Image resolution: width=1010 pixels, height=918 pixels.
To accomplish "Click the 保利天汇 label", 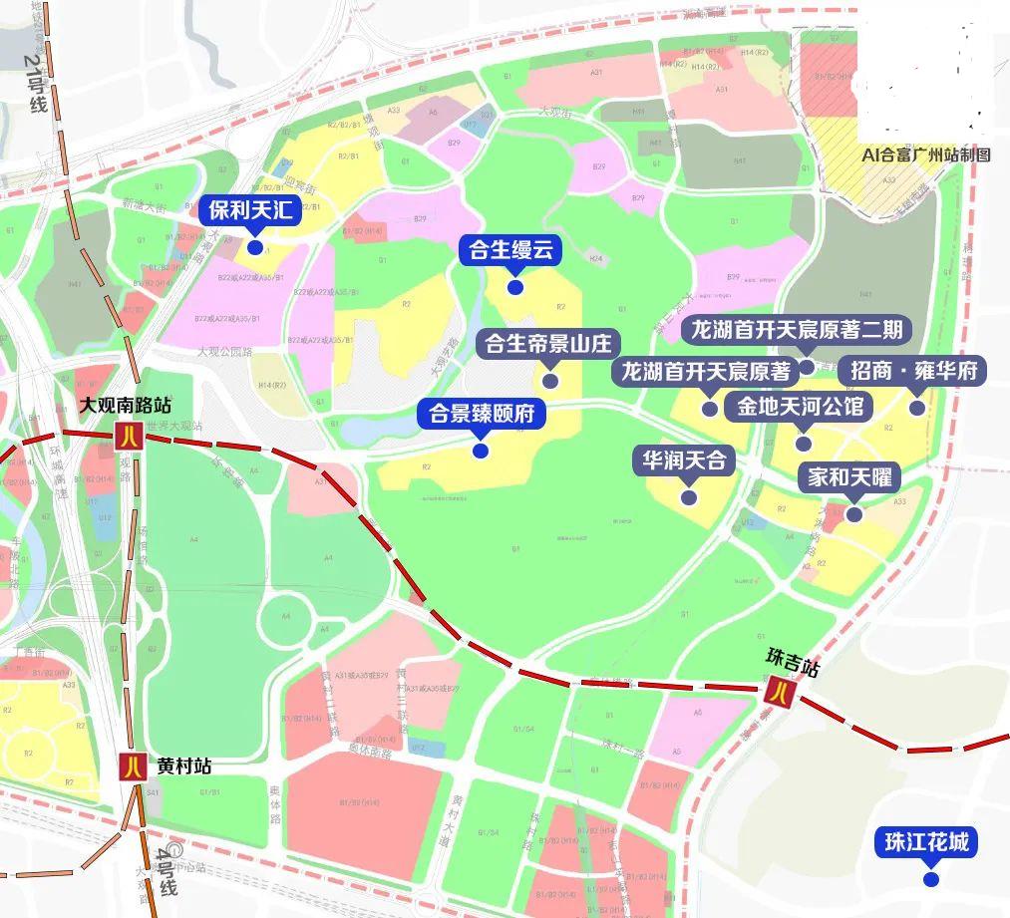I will (x=254, y=211).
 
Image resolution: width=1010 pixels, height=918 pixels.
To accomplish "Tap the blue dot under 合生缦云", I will (x=515, y=287).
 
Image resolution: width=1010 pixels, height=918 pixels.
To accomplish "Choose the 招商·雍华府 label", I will (x=912, y=372).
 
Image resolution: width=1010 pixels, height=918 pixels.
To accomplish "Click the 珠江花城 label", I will (x=926, y=842).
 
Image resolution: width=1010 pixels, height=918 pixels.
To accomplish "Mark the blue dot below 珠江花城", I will (x=930, y=879).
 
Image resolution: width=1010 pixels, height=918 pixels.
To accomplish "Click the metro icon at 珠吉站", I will (x=779, y=690).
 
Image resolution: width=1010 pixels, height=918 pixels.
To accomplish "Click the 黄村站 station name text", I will (x=183, y=766).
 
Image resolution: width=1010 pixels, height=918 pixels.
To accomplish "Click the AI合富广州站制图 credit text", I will (x=926, y=155).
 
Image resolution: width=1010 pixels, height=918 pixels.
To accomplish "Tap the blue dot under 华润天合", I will (x=688, y=496).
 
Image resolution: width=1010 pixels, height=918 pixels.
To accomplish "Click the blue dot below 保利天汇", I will (x=255, y=247).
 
